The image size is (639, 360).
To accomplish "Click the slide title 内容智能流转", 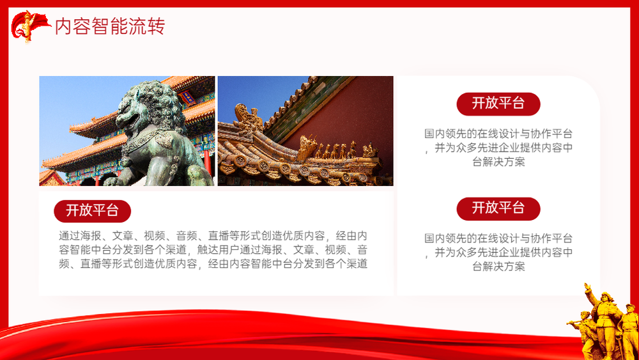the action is coord(110,26).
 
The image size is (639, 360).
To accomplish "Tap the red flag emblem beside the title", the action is coord(30,26).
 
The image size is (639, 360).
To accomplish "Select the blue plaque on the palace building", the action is coord(187,97).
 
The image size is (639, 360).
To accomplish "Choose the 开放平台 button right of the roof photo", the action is coord(498,104).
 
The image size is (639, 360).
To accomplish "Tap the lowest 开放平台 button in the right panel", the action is coord(498,208).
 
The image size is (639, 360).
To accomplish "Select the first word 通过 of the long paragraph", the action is coord(69,236).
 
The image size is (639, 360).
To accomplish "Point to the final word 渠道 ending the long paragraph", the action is coord(357,264).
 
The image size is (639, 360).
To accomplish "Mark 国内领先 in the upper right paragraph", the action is coord(445,133).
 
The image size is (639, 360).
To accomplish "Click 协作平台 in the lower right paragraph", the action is coord(552,238).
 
